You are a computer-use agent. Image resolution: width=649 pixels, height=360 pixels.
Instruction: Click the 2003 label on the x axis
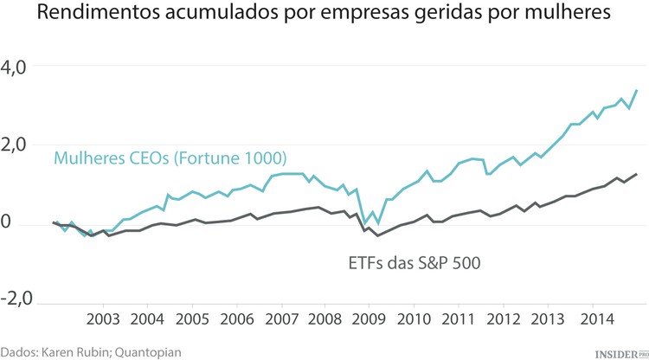click(103, 318)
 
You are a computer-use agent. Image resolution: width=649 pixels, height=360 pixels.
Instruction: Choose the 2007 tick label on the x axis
click(280, 318)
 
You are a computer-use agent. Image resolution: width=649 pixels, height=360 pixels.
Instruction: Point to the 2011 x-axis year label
click(458, 318)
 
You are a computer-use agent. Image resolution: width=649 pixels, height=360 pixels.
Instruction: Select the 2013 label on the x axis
click(547, 318)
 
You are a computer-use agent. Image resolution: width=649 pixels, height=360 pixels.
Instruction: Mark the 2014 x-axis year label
click(591, 318)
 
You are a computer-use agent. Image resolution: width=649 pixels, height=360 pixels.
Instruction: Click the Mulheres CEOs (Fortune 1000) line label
click(170, 158)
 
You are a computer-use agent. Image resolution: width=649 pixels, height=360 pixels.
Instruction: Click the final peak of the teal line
click(638, 90)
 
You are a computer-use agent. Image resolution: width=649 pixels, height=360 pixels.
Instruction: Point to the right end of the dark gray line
click(638, 174)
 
